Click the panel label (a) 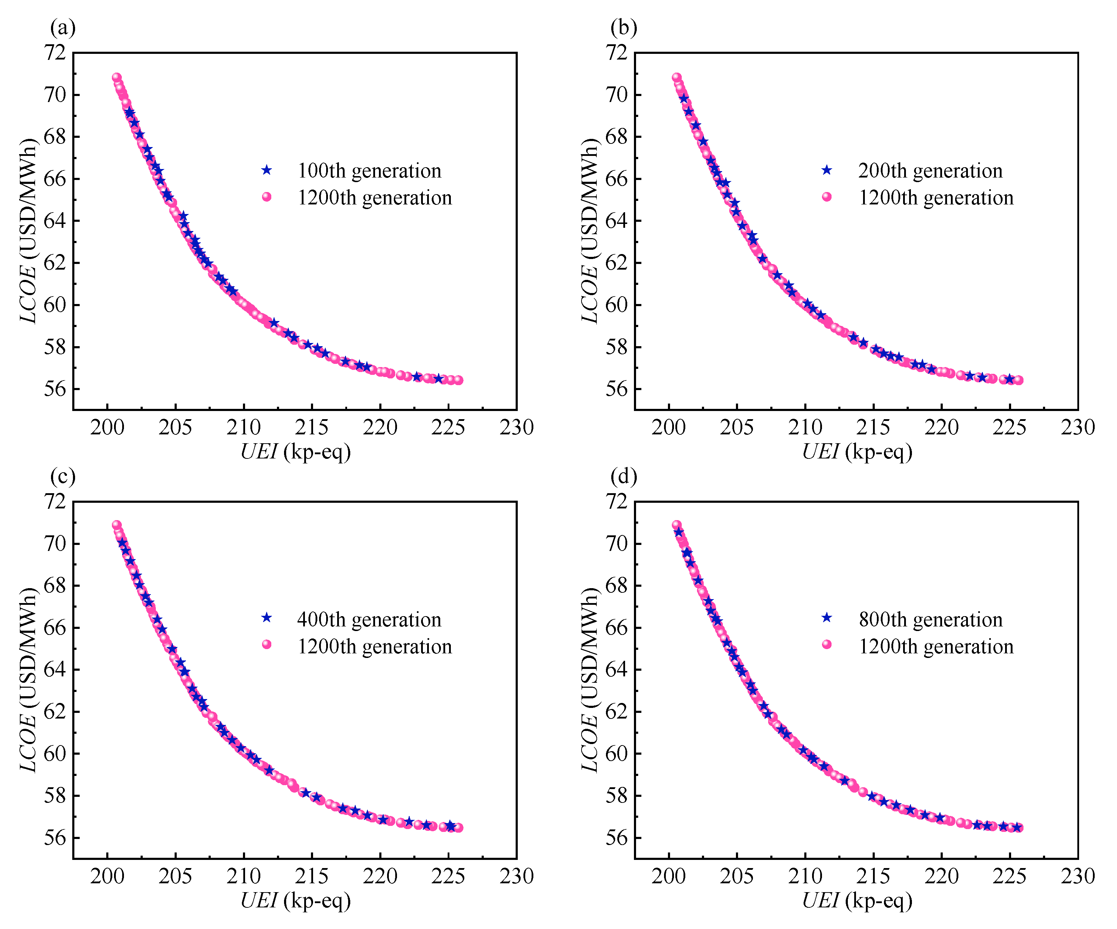coord(63,28)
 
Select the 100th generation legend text coord(369,171)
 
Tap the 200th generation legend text coord(930,171)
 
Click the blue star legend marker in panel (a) coord(266,170)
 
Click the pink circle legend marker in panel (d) coord(827,645)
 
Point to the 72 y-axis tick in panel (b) coord(617,53)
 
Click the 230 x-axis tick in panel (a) coord(516,428)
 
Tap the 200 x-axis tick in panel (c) coord(107,876)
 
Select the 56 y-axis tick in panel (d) coord(617,838)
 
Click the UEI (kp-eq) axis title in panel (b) coord(857,452)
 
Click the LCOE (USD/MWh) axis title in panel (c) coord(28,680)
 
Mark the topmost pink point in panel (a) coord(117,78)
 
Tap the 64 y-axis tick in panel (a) coord(55,221)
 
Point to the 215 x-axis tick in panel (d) coord(873,876)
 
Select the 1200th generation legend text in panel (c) coord(374,647)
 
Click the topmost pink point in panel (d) coord(676,525)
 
